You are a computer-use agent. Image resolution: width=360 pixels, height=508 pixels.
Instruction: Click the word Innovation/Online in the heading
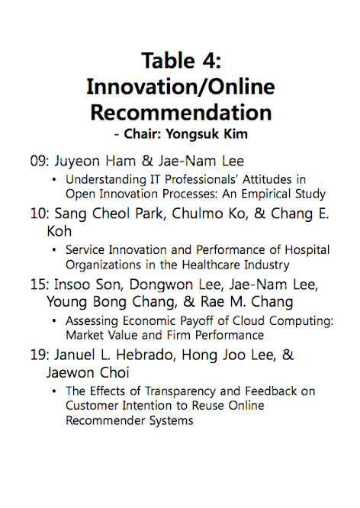(181, 86)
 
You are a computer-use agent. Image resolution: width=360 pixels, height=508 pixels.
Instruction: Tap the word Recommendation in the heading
(181, 112)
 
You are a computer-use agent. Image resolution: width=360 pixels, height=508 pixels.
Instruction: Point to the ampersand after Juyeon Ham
(147, 161)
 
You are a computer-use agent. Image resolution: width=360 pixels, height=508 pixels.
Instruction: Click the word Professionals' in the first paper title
(201, 179)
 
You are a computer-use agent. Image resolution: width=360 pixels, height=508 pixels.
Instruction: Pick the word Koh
(59, 231)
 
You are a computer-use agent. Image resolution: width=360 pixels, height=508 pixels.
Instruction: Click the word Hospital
(307, 249)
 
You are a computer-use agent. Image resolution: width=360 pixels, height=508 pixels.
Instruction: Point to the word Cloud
(249, 320)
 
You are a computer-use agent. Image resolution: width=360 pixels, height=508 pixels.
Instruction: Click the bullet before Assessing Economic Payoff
(54, 320)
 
